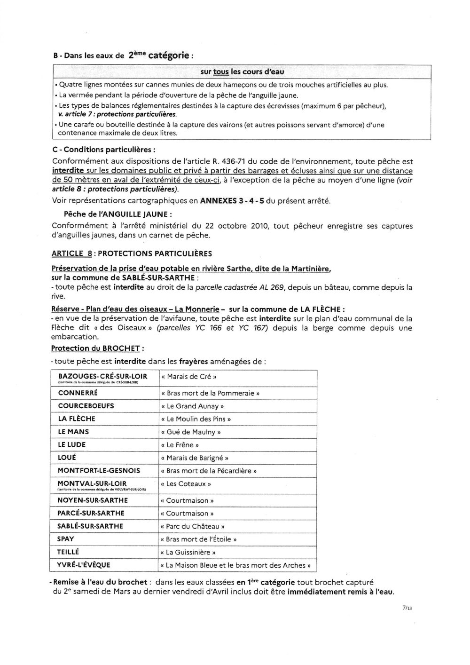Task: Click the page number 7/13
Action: coord(407,608)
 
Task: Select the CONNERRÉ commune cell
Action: coord(78,393)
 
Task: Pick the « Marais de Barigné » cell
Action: coord(195,458)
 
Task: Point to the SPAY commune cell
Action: coord(66,539)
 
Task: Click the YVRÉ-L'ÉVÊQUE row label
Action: coord(84,565)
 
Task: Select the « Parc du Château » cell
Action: coord(193,526)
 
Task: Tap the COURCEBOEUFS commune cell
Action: coord(86,405)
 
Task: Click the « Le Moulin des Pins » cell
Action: coord(196,419)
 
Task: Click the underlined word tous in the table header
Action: coord(221,72)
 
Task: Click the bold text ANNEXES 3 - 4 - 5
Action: coord(232,201)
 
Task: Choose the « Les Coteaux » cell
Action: coord(186,483)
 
